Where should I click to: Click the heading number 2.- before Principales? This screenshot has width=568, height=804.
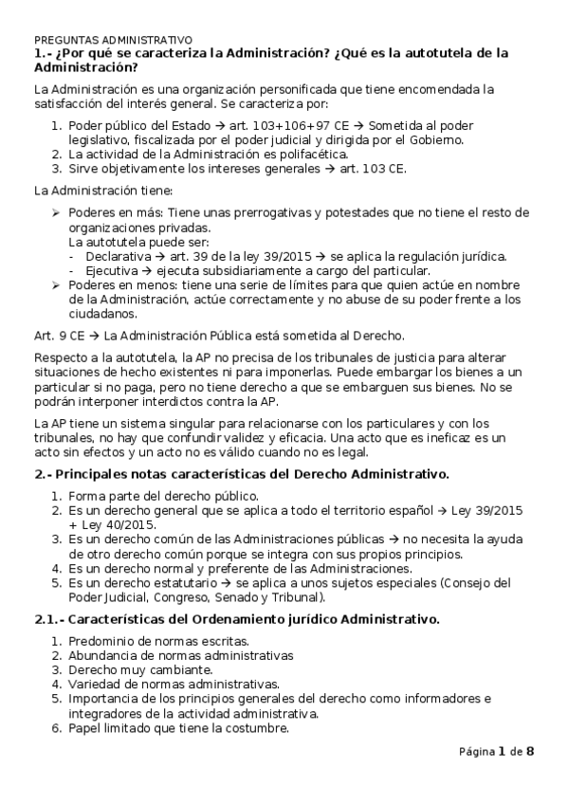tap(42, 472)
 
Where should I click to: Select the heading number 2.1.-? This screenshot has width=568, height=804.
tap(48, 620)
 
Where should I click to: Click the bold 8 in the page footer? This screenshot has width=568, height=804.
tap(530, 752)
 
